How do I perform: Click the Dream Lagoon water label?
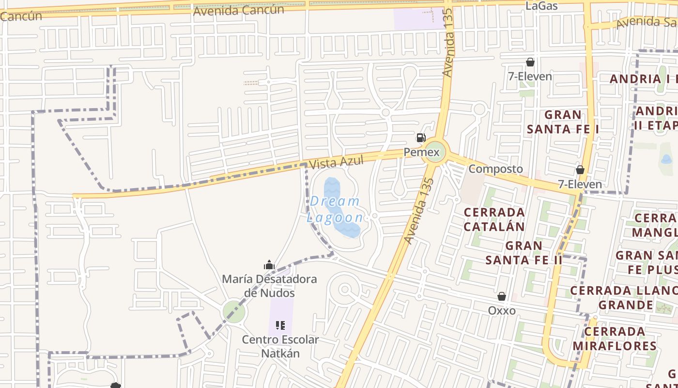tap(335, 209)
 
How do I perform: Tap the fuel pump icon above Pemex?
tap(421, 138)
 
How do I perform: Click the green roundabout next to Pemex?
tap(434, 152)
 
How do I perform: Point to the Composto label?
tap(496, 169)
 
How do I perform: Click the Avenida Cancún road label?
tap(238, 10)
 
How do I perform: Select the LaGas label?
tap(541, 6)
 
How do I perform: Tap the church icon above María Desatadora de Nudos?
tap(269, 265)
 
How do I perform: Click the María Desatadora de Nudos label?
tap(269, 286)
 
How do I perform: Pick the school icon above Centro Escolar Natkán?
tap(280, 325)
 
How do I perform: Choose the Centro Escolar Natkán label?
tap(280, 346)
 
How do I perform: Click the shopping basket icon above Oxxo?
tap(502, 296)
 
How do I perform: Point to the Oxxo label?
tap(502, 310)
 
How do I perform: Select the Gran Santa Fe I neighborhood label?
tap(563, 122)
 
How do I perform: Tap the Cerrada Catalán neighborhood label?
tap(494, 219)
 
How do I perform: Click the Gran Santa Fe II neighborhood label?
tap(524, 252)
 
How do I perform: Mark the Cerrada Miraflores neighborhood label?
tap(615, 339)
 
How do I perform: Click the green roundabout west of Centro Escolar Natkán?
tap(234, 311)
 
